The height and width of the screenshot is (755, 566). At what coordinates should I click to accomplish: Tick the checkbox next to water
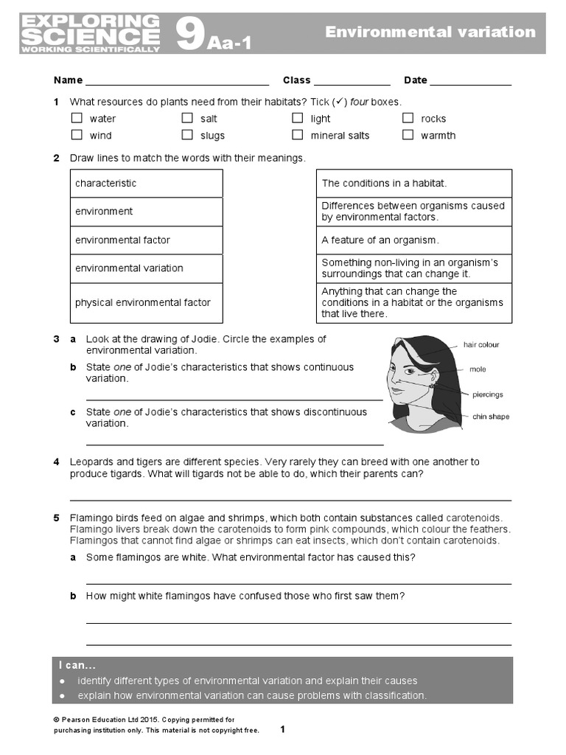(x=77, y=118)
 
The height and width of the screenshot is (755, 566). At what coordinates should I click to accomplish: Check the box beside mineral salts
(x=297, y=135)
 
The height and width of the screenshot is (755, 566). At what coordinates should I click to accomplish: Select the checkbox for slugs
(x=187, y=135)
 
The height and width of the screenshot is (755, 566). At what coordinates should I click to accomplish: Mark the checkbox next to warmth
(x=408, y=135)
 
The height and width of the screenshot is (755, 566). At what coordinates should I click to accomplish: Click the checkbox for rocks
(x=408, y=118)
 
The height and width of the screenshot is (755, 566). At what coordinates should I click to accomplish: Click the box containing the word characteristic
(x=146, y=184)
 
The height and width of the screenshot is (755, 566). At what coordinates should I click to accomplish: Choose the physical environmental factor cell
(x=146, y=303)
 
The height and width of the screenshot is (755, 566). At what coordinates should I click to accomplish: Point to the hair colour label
(x=481, y=344)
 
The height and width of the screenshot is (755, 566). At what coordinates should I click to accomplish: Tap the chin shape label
(x=490, y=417)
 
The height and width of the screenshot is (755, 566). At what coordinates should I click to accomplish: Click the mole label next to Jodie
(x=478, y=369)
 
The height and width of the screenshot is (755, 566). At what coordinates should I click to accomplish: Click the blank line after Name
(x=177, y=81)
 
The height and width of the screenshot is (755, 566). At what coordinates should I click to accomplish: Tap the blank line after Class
(x=352, y=81)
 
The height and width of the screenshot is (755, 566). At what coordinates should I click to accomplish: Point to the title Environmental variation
(x=430, y=32)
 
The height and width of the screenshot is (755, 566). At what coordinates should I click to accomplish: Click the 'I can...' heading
(x=77, y=666)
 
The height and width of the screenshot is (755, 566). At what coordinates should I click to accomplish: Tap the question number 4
(x=56, y=462)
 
